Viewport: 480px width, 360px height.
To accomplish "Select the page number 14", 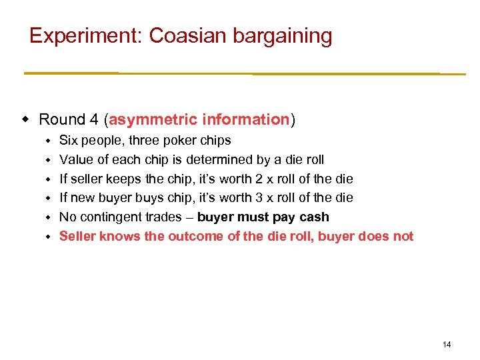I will tap(447, 345).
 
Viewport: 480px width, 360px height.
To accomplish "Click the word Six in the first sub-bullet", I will tap(69, 141).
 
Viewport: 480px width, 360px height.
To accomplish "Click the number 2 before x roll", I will tap(259, 179).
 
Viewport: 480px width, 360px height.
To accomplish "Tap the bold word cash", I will tap(315, 217).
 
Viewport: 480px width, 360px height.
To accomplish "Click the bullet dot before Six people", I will tap(49, 141).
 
